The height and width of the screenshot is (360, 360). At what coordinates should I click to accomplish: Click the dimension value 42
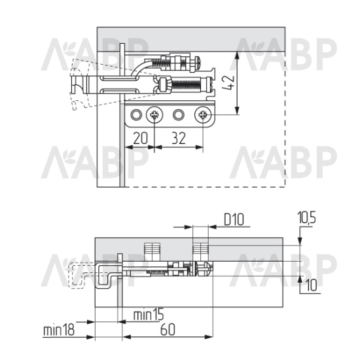tap(228, 82)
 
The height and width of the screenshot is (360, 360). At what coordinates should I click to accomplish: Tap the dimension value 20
tap(140, 138)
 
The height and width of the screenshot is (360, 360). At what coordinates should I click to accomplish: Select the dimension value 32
tap(179, 138)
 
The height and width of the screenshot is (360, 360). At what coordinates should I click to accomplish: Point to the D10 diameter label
tap(234, 219)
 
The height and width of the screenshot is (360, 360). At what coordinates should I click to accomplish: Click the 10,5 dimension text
tap(307, 217)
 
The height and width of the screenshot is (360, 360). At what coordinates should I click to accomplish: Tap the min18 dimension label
tap(59, 330)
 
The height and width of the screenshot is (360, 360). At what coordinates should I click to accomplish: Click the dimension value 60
tap(168, 329)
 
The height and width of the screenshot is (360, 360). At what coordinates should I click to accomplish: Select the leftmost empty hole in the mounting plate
tap(136, 115)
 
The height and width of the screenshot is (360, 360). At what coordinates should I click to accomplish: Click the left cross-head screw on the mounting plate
tap(154, 115)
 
